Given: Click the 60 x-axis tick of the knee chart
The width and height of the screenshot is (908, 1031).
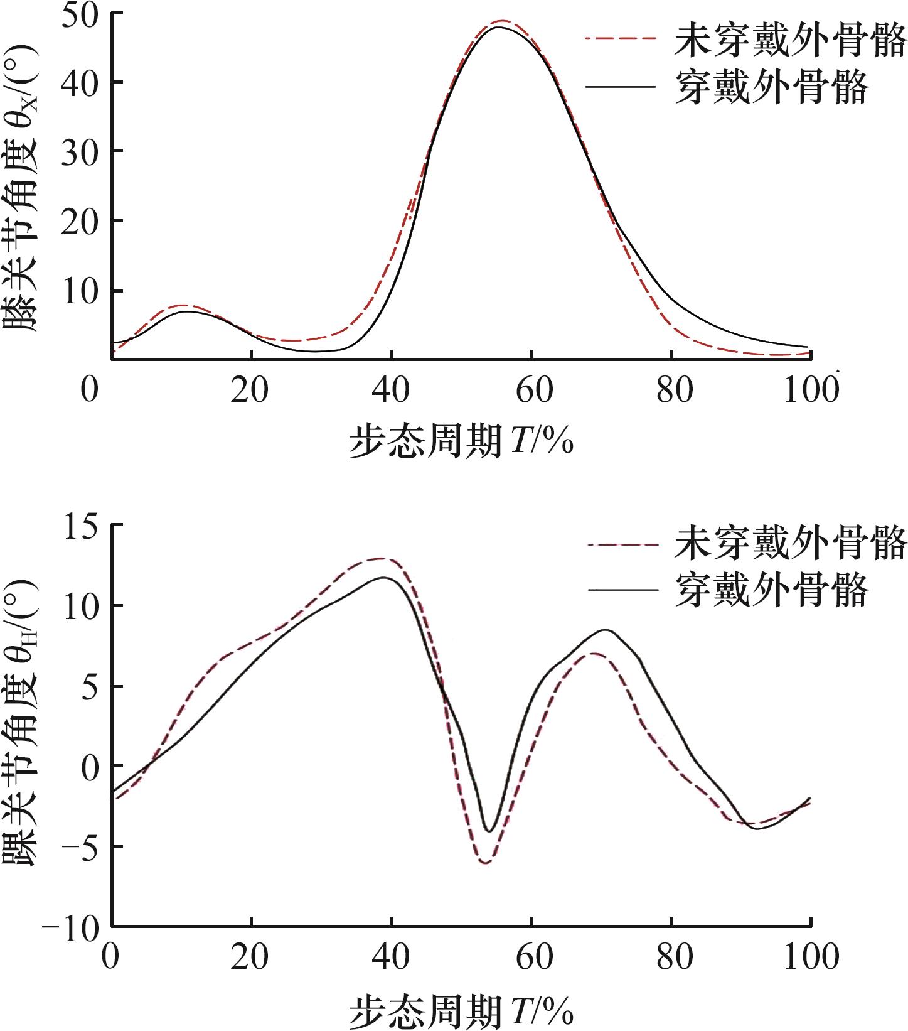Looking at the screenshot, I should [x=532, y=391].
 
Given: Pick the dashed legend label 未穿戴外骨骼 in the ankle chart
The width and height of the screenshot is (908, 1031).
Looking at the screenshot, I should [x=791, y=542].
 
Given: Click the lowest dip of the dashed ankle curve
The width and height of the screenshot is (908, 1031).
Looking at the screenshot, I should [x=486, y=863].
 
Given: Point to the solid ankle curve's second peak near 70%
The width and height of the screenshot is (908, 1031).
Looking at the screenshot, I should [x=606, y=629].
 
